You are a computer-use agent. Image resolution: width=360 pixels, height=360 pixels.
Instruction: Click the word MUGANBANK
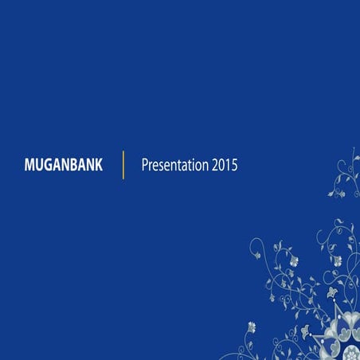pyautogui.click(x=64, y=166)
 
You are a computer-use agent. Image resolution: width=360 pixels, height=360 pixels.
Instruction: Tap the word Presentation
pyautogui.click(x=174, y=166)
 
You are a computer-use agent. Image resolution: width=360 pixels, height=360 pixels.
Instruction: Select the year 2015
pyautogui.click(x=225, y=166)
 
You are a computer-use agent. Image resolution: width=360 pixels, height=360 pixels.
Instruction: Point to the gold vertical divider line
pyautogui.click(x=123, y=165)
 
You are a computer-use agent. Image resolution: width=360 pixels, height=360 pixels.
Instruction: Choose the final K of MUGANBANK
pyautogui.click(x=98, y=166)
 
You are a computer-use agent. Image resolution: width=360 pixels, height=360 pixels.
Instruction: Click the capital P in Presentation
pyautogui.click(x=145, y=166)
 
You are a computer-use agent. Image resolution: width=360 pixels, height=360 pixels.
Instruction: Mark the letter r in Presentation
pyautogui.click(x=151, y=166)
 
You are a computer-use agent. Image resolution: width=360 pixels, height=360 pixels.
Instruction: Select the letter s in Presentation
pyautogui.click(x=162, y=166)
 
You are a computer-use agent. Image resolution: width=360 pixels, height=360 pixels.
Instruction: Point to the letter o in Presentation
pyautogui.click(x=199, y=166)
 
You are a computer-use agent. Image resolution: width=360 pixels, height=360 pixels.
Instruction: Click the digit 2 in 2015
pyautogui.click(x=215, y=166)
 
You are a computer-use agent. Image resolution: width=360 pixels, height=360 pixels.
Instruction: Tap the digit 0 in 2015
pyautogui.click(x=221, y=166)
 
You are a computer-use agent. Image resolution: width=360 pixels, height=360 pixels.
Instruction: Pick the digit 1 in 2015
pyautogui.click(x=228, y=166)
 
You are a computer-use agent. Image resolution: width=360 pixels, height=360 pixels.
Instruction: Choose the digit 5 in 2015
pyautogui.click(x=234, y=166)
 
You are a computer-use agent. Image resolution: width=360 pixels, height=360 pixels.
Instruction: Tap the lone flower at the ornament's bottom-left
pyautogui.click(x=252, y=327)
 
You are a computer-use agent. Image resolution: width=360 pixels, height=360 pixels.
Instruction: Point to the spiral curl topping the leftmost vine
pyautogui.click(x=256, y=244)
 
